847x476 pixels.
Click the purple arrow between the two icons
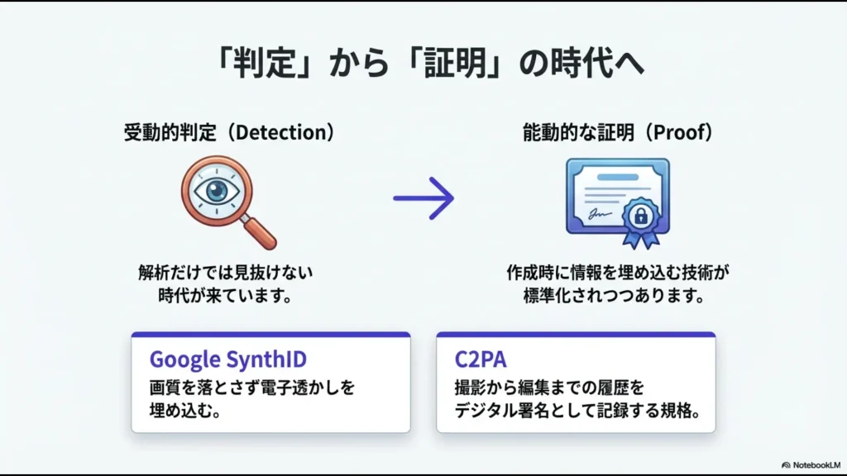point(423,198)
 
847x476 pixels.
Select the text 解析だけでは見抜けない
point(226,271)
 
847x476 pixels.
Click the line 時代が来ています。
point(226,295)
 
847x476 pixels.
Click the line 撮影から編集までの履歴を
point(549,387)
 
